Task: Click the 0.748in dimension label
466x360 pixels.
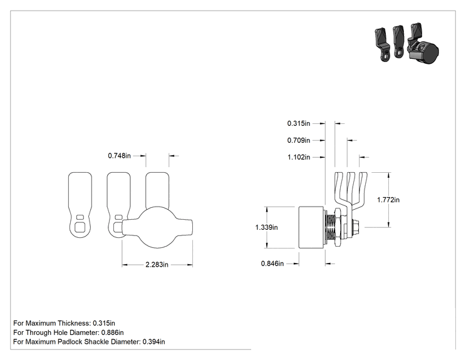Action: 119,156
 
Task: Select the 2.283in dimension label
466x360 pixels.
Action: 157,264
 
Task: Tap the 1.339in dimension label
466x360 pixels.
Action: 267,227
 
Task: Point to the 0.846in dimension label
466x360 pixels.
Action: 272,264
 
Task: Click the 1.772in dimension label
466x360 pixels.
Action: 388,200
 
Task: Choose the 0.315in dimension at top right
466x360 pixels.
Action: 299,123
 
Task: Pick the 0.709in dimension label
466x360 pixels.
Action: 299,140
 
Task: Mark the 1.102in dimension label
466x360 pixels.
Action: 299,157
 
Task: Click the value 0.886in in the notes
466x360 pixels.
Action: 113,332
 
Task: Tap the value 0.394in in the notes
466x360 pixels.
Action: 153,342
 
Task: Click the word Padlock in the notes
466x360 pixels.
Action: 70,342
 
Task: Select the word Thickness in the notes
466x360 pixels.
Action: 75,323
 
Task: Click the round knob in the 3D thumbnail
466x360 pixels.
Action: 430,53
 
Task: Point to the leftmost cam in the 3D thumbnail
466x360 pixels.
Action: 383,44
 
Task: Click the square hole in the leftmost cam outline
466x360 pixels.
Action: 80,227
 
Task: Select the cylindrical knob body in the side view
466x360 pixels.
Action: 311,227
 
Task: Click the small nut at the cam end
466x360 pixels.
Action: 356,228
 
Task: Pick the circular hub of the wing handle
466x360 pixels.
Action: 158,227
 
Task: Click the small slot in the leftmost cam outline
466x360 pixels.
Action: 80,217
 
